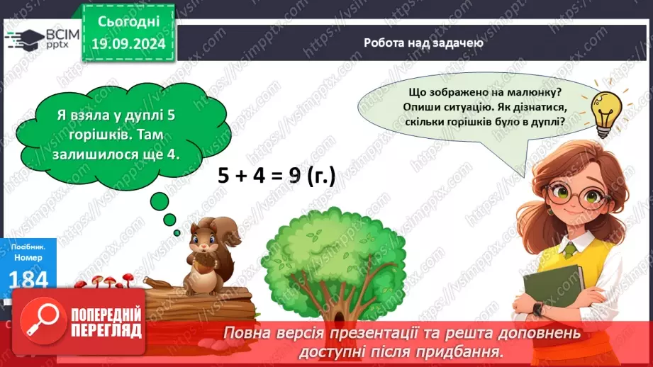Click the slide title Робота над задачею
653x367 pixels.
tap(423, 42)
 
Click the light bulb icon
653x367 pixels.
tap(606, 114)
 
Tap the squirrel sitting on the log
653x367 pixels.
tap(206, 255)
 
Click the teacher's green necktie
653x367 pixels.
tap(569, 249)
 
